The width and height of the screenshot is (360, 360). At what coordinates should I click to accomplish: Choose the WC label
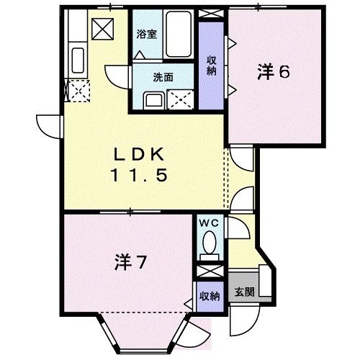pos(210,224)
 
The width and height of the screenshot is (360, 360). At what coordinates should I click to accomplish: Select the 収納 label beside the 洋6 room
pos(212,64)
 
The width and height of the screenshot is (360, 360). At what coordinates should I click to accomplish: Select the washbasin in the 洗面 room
pos(153,99)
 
